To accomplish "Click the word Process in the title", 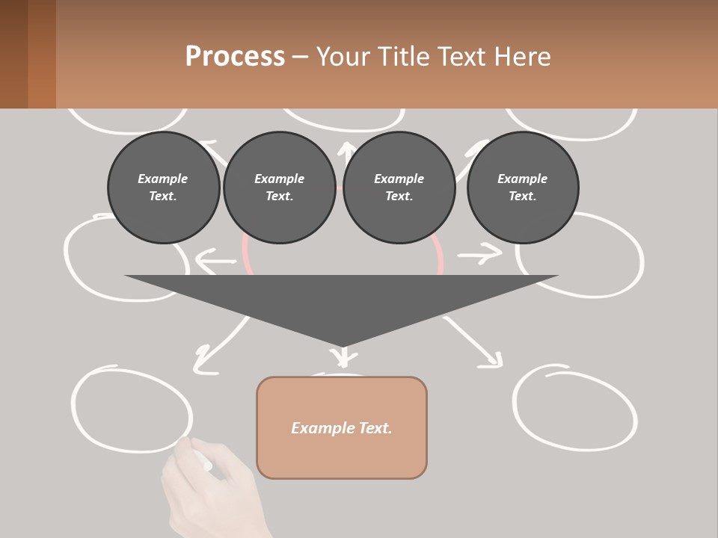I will click(235, 57).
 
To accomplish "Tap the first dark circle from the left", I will click(163, 188).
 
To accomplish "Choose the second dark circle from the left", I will click(279, 188).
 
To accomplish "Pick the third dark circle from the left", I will click(399, 188).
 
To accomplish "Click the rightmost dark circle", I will click(522, 188).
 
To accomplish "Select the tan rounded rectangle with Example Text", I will click(342, 427).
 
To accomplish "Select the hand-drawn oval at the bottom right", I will click(574, 407).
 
